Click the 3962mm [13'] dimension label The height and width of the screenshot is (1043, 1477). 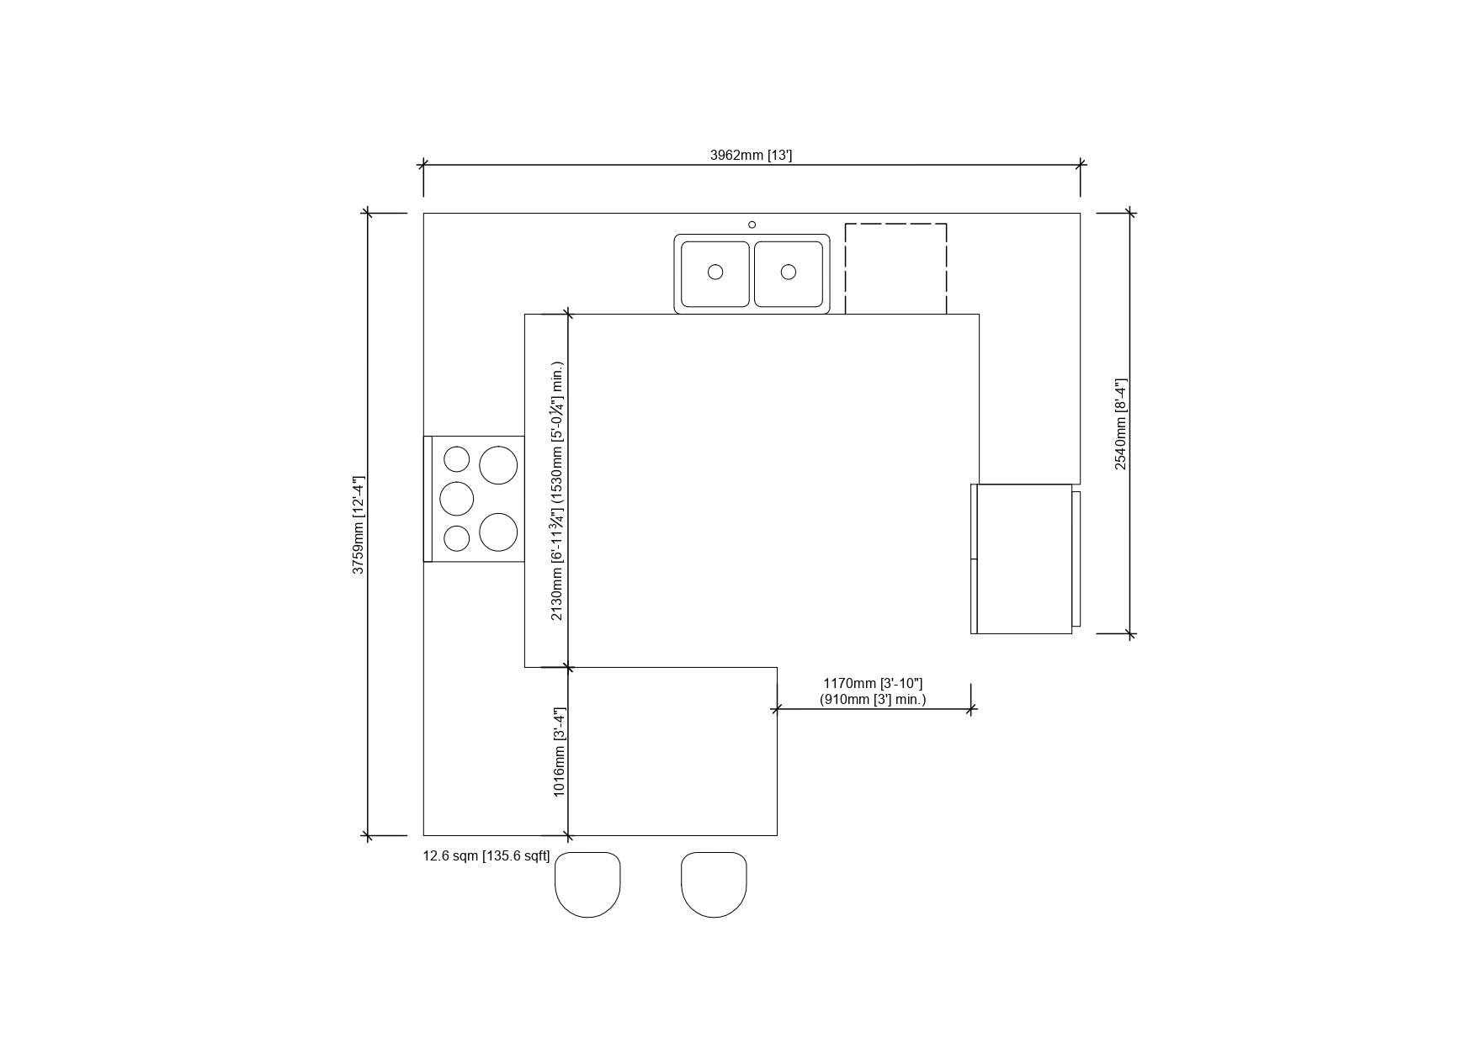click(751, 155)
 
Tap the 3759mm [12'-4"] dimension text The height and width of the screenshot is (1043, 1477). click(359, 525)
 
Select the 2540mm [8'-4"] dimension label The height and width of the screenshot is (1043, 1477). click(1121, 424)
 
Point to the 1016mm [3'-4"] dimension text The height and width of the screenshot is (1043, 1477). click(559, 752)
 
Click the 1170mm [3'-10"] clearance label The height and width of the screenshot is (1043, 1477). click(873, 684)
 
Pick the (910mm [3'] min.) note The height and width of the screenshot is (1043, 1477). click(873, 699)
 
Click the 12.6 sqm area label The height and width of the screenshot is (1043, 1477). click(486, 856)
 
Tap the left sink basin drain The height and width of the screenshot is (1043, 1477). click(715, 272)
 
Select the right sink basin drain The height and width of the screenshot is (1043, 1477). click(789, 272)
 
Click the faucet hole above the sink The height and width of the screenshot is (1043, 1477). click(752, 225)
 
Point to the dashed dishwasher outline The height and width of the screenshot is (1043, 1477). click(895, 224)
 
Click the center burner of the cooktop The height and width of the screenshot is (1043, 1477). click(457, 499)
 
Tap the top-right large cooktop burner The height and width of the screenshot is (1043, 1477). click(498, 465)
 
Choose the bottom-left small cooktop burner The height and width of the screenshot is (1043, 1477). click(457, 538)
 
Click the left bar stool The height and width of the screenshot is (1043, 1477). click(587, 884)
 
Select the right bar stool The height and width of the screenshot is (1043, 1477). click(714, 884)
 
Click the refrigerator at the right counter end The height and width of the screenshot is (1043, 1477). click(1025, 559)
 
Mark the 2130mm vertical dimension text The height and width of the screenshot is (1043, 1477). click(557, 491)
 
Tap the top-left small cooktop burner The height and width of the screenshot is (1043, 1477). click(457, 459)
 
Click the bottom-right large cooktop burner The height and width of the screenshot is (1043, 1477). click(498, 532)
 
